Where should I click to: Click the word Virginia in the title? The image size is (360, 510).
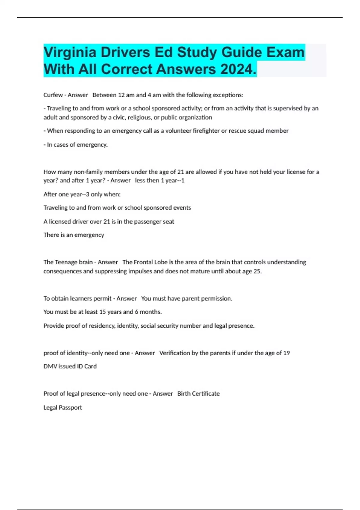pyautogui.click(x=70, y=52)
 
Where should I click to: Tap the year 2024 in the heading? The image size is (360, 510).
pyautogui.click(x=237, y=69)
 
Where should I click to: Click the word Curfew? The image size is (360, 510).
pyautogui.click(x=53, y=95)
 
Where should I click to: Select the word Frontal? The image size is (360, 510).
pyautogui.click(x=143, y=262)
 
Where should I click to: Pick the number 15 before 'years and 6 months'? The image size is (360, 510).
pyautogui.click(x=102, y=312)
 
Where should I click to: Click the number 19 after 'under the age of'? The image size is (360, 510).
pyautogui.click(x=286, y=353)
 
